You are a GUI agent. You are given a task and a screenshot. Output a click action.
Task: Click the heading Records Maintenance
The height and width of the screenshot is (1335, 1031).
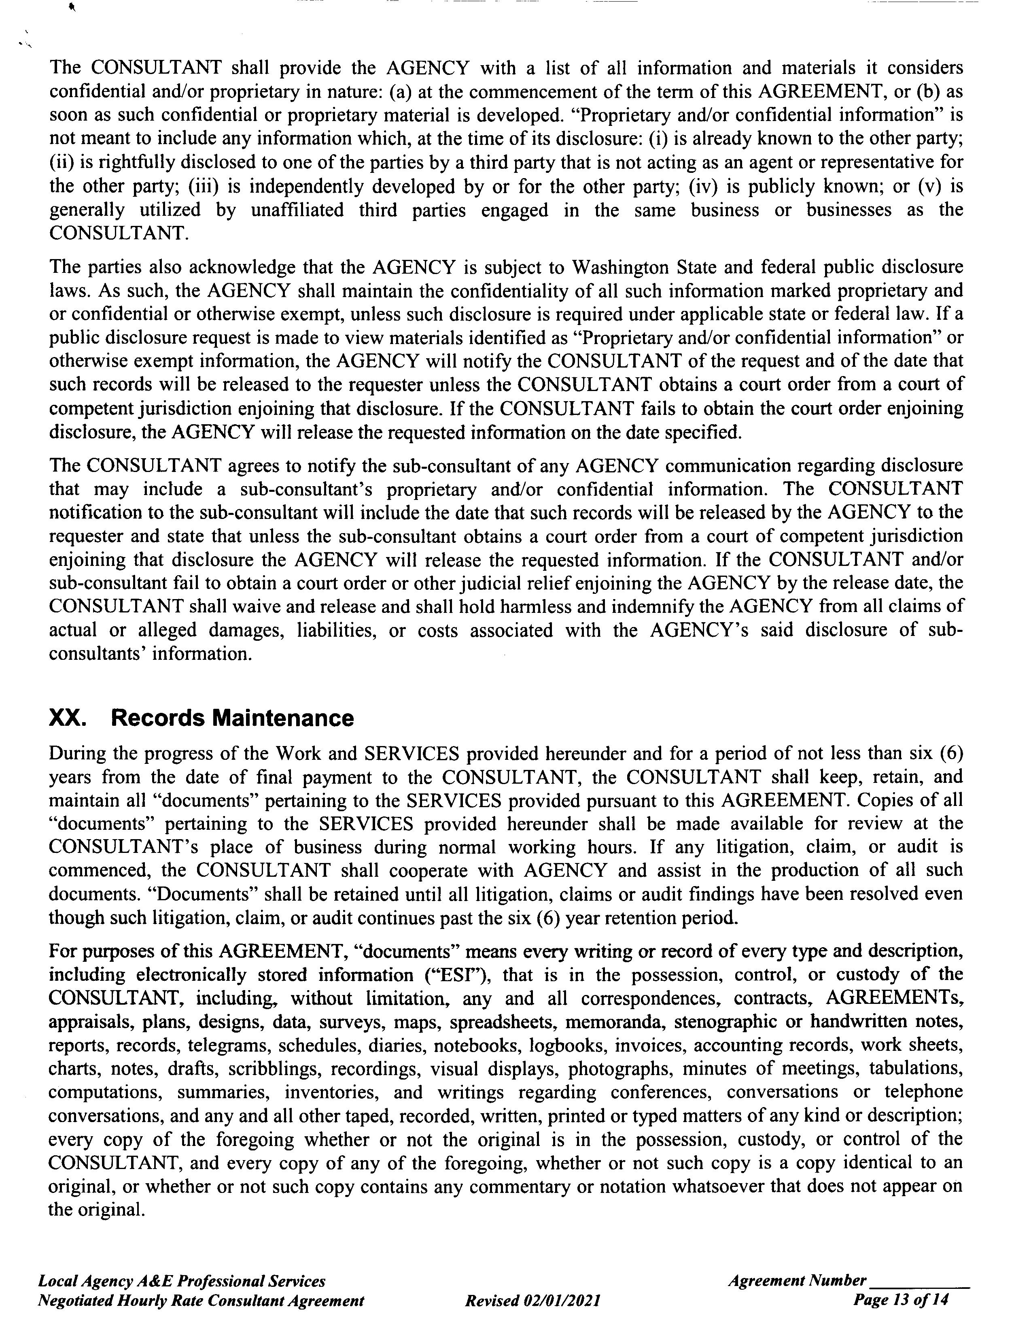[x=232, y=718]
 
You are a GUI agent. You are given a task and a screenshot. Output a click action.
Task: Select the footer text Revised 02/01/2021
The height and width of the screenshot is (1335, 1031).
[x=532, y=1300]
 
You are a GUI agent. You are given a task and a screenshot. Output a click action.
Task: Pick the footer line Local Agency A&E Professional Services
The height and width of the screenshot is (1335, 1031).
[x=182, y=1281]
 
